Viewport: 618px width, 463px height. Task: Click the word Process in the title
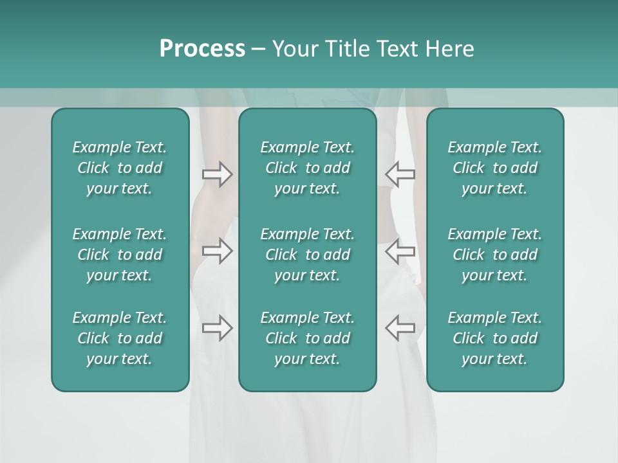(x=202, y=49)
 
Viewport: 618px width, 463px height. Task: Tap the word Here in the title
(x=449, y=49)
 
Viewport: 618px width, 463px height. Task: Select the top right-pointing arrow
(x=217, y=174)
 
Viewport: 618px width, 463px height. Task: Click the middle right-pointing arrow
(x=217, y=251)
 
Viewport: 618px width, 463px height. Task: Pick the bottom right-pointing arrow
(x=217, y=328)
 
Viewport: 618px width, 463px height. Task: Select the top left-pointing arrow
(x=400, y=174)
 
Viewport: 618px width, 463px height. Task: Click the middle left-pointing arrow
(x=400, y=251)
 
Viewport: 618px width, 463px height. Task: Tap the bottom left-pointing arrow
(x=400, y=328)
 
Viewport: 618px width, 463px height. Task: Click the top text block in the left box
(x=120, y=168)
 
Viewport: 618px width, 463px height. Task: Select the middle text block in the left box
(x=120, y=255)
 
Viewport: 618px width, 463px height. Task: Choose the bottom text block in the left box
(x=120, y=338)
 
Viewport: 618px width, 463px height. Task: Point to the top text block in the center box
(x=308, y=168)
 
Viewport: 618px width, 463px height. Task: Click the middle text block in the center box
(x=308, y=255)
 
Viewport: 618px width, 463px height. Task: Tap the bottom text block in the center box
(x=308, y=338)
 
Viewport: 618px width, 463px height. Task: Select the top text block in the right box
(x=495, y=168)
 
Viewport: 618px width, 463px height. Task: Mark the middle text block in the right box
(x=495, y=255)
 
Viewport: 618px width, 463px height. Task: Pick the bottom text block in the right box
(x=495, y=338)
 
